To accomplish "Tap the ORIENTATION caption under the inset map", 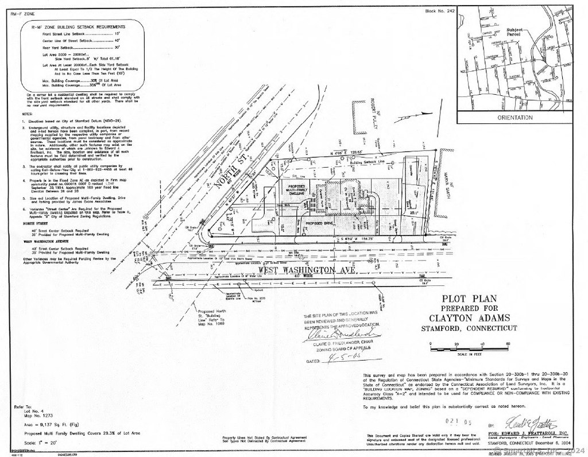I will pyautogui.click(x=515, y=118).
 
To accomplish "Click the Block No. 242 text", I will pyautogui.click(x=439, y=11).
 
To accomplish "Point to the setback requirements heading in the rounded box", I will pyautogui.click(x=80, y=26).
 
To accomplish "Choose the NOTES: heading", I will pyautogui.click(x=27, y=114).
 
